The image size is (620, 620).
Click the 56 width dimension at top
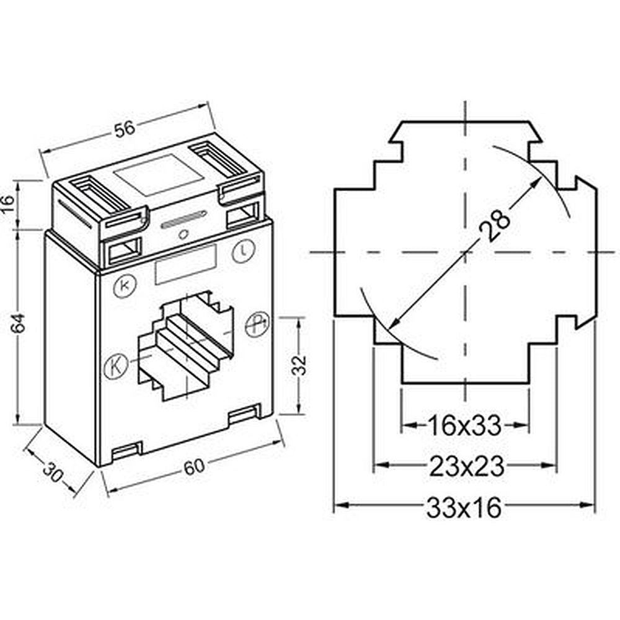pyautogui.click(x=125, y=129)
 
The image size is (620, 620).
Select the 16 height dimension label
pyautogui.click(x=9, y=204)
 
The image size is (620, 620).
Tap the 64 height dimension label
pyautogui.click(x=18, y=323)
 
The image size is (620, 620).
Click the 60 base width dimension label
pyautogui.click(x=195, y=467)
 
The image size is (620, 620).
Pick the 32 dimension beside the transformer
pyautogui.click(x=299, y=365)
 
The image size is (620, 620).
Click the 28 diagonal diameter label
pyautogui.click(x=494, y=225)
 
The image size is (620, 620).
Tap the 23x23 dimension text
pyautogui.click(x=467, y=466)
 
